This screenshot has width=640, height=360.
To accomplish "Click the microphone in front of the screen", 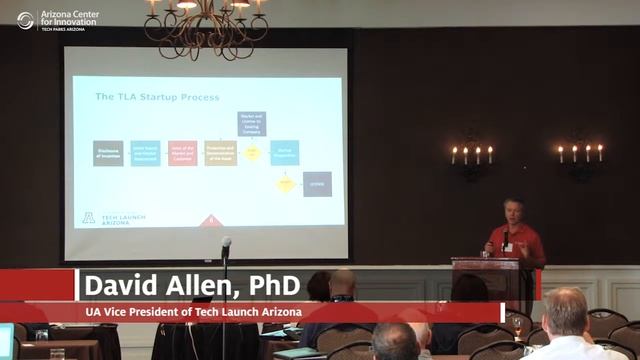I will pyautogui.click(x=226, y=244).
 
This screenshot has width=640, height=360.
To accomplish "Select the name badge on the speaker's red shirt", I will pyautogui.click(x=509, y=246).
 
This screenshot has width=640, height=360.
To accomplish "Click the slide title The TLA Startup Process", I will pyautogui.click(x=157, y=97).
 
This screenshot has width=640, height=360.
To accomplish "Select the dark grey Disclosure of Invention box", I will pyautogui.click(x=108, y=153).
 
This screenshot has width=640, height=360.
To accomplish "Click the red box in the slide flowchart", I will pyautogui.click(x=182, y=153).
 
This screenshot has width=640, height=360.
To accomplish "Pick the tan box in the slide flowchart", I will pyautogui.click(x=220, y=153).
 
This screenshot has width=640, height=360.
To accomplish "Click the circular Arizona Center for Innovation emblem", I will pyautogui.click(x=25, y=20).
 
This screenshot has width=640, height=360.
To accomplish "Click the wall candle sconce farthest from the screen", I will pyautogui.click(x=580, y=156).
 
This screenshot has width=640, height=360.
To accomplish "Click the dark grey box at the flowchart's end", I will pyautogui.click(x=317, y=184).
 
